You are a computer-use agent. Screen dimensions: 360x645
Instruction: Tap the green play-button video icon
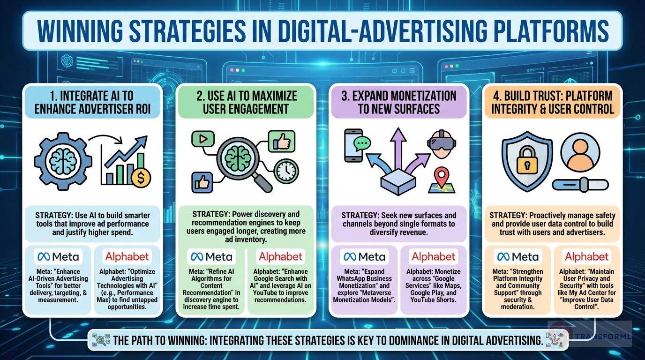[202, 139]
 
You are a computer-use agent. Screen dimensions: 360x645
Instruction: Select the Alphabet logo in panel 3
[433, 257]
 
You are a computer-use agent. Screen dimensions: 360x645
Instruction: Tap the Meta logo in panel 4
[519, 257]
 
